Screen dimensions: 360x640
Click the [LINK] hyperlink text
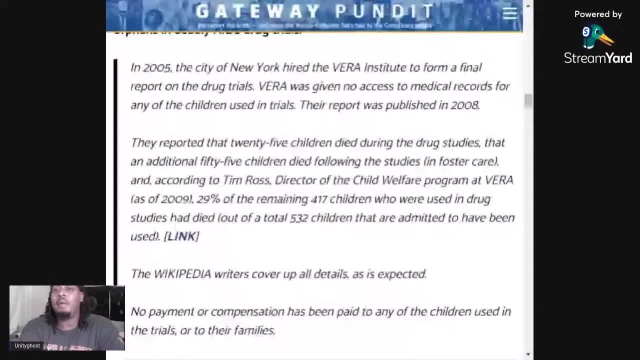tap(181, 236)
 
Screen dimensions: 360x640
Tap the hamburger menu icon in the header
tap(509, 13)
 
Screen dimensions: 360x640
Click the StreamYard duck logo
tap(597, 36)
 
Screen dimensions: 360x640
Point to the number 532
tap(298, 218)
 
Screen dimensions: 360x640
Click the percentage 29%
tap(208, 199)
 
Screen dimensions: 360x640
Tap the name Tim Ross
tap(246, 180)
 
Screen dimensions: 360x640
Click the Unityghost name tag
tap(27, 345)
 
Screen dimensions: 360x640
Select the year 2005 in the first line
tap(156, 67)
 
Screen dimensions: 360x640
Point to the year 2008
tap(464, 105)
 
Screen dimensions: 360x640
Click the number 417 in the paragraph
tap(318, 199)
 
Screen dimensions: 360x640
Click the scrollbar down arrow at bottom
tap(528, 354)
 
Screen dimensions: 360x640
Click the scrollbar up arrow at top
tap(528, 5)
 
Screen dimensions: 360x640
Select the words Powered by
tap(597, 14)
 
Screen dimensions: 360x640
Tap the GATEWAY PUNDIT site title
tap(314, 11)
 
